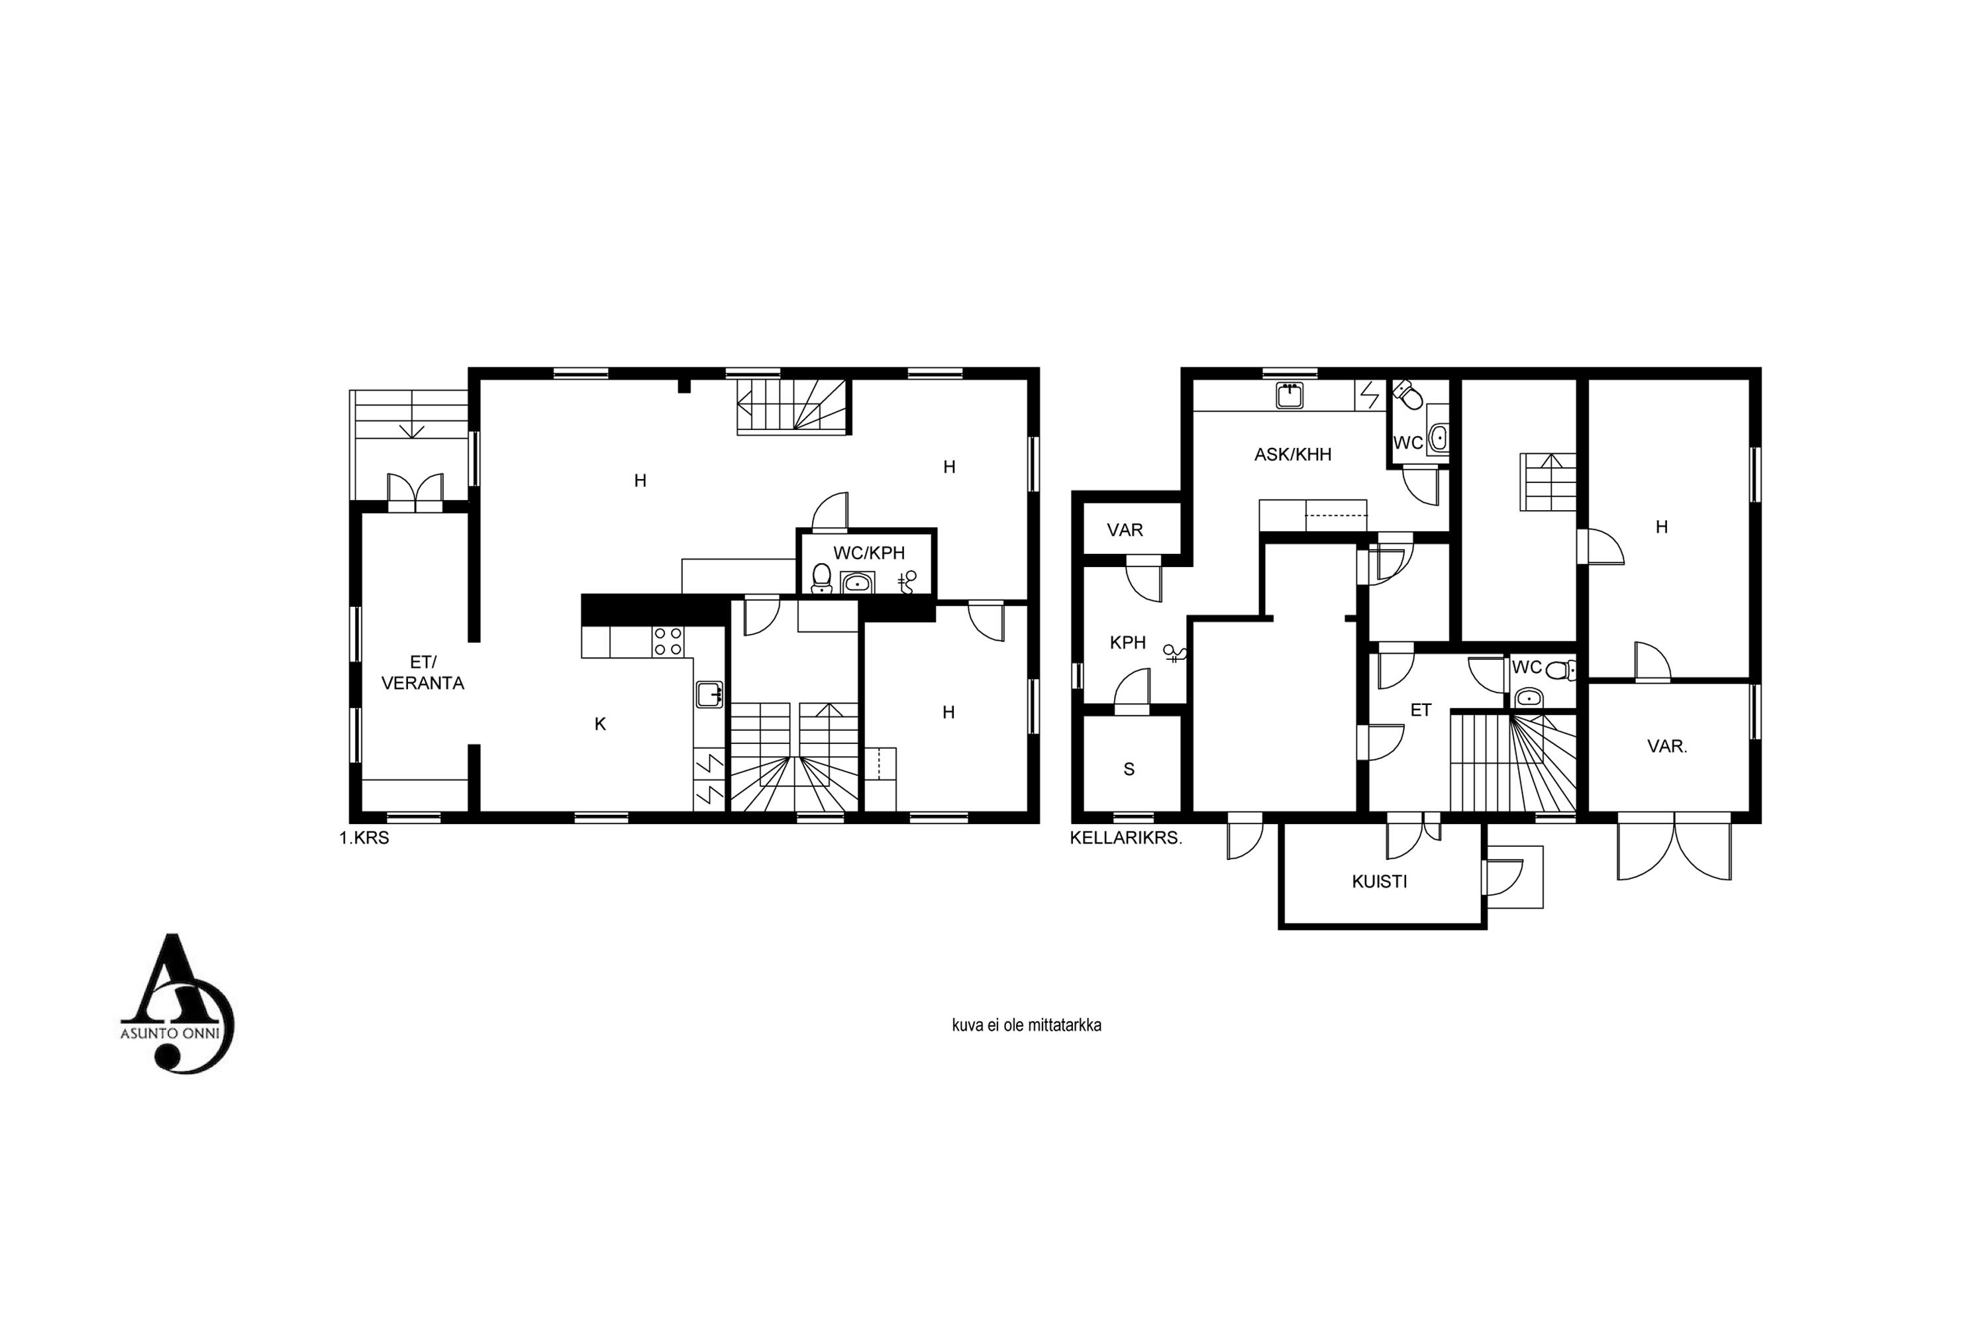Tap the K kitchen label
(600, 723)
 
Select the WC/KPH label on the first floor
(868, 553)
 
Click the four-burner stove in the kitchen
(668, 641)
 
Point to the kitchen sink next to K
(709, 694)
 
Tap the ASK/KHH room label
(1293, 454)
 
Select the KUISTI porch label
(1380, 881)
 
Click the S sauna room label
(1129, 769)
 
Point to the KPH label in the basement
(1128, 642)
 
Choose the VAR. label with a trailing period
(1667, 746)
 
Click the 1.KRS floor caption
(364, 838)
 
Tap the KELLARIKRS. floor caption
(1126, 838)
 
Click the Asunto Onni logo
(178, 1004)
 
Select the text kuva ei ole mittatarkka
(1027, 1025)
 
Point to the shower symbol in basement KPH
(1175, 653)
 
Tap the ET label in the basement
(1421, 710)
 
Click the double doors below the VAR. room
(1674, 847)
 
